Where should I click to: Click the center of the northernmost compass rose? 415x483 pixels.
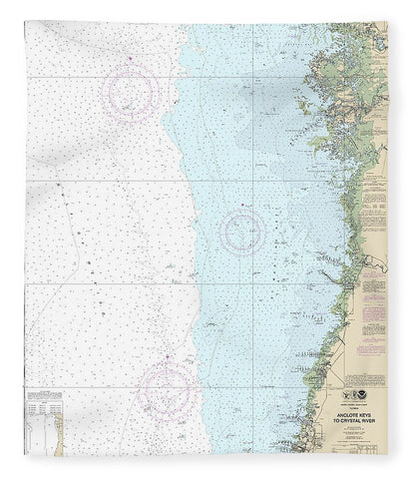point(134,87)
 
